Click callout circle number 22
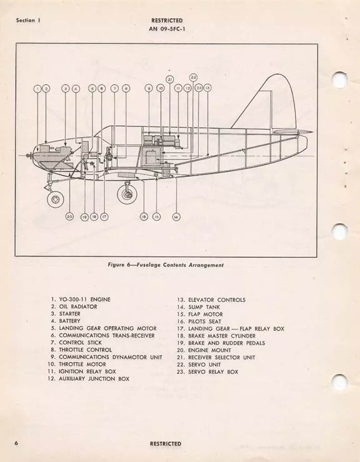(x=193, y=78)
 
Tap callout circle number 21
(x=170, y=79)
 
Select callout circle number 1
(x=37, y=88)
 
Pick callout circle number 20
(x=69, y=217)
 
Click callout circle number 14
(x=176, y=217)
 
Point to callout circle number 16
(x=144, y=217)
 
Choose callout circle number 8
(x=126, y=88)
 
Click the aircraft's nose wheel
(x=55, y=199)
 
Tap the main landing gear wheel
(x=127, y=195)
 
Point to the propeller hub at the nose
(x=29, y=155)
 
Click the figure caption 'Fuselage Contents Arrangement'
(x=180, y=265)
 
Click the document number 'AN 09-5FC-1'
(x=167, y=29)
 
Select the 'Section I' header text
(x=28, y=21)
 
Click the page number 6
(x=16, y=443)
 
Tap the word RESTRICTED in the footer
(x=166, y=444)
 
